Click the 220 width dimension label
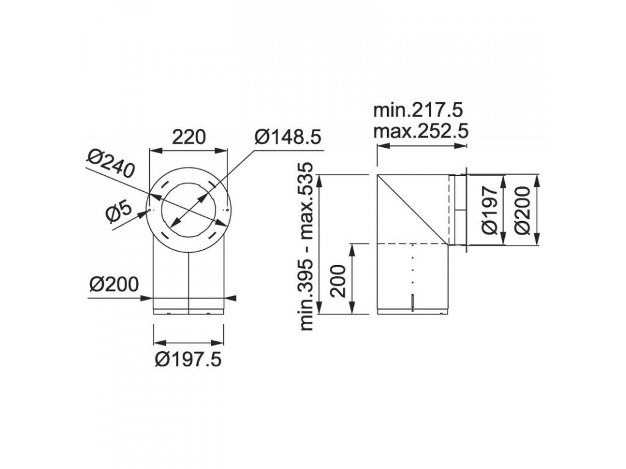tap(188, 137)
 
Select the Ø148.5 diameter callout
tap(289, 137)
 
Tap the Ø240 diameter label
tap(110, 164)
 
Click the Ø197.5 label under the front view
tap(188, 360)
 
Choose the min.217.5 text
tap(418, 110)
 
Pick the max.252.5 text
tap(421, 131)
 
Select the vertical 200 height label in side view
tap(339, 281)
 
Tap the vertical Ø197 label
tap(490, 210)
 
